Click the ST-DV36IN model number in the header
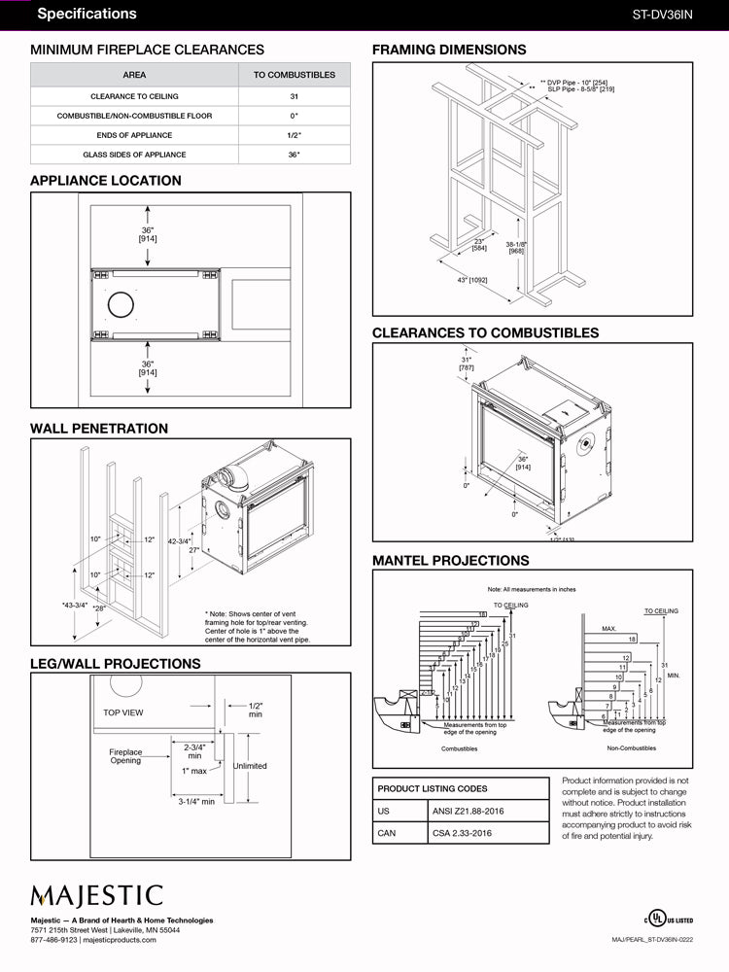tap(662, 15)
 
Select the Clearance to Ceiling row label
tap(134, 97)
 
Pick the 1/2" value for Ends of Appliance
tap(294, 136)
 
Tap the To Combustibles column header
tap(294, 75)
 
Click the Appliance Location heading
tap(106, 181)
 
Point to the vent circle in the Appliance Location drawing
tap(121, 304)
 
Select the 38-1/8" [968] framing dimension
tap(516, 247)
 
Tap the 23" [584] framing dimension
tap(479, 245)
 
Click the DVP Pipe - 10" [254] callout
tap(581, 82)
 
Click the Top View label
tap(123, 712)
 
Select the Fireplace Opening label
tap(125, 756)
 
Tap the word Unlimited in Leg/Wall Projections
tap(249, 766)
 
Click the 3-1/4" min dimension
tap(196, 802)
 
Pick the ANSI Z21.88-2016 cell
tap(467, 811)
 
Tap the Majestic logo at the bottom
tap(96, 894)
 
